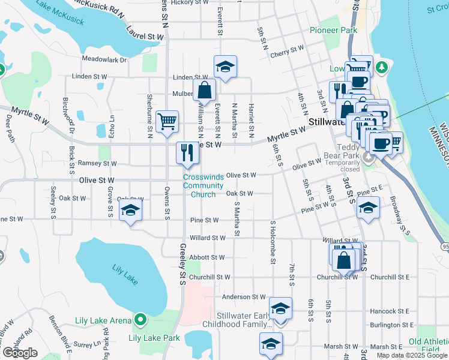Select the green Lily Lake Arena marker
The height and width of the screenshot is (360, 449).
click(x=140, y=320)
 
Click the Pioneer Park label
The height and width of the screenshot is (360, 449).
click(x=334, y=30)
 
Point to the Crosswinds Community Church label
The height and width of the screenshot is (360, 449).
click(x=203, y=185)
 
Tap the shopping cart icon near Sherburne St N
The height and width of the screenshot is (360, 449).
click(x=167, y=121)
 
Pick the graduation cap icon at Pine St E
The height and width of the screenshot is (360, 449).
click(x=367, y=209)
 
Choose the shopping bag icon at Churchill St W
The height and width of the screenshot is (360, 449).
click(x=345, y=260)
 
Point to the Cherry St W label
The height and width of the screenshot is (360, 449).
click(x=287, y=52)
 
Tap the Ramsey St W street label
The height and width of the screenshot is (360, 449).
click(x=97, y=163)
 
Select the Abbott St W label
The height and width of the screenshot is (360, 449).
click(x=205, y=257)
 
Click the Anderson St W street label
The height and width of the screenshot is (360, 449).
click(x=243, y=296)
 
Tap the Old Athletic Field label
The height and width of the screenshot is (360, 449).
click(x=428, y=346)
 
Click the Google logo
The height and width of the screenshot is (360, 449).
click(x=20, y=353)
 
